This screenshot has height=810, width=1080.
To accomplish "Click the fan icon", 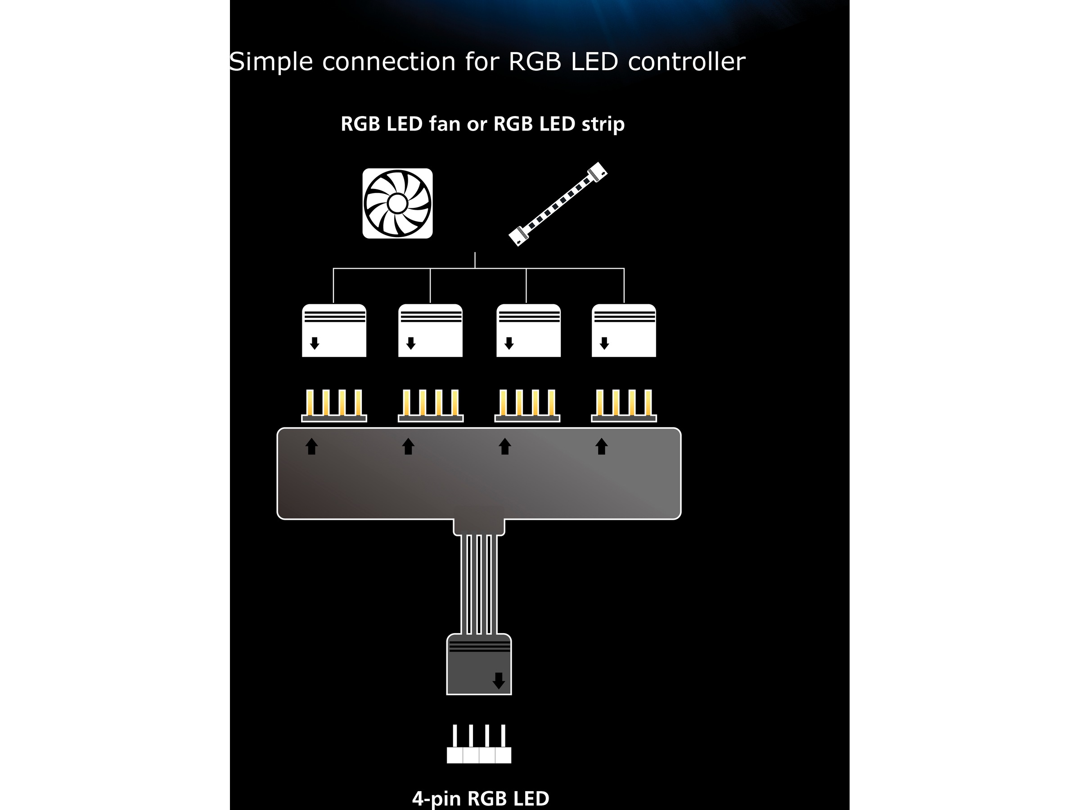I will (x=397, y=203).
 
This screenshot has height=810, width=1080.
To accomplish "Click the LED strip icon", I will (x=558, y=204).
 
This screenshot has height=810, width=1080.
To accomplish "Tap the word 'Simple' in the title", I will (x=271, y=62).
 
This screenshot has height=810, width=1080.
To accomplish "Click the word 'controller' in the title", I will (x=686, y=62).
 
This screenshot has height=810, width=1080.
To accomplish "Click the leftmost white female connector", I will (x=334, y=331).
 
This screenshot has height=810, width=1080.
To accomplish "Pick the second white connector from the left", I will (x=430, y=331).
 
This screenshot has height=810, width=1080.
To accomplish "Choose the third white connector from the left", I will (x=528, y=331).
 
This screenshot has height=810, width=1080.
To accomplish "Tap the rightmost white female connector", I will (x=624, y=331).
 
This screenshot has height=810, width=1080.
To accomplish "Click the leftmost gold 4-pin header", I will (x=334, y=406).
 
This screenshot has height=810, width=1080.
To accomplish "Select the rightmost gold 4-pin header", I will (x=624, y=406).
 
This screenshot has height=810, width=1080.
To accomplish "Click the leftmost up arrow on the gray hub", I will (x=311, y=446).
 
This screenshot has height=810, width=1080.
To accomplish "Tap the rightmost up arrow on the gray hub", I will (x=602, y=446).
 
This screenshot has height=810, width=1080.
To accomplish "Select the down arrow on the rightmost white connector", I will (x=604, y=343).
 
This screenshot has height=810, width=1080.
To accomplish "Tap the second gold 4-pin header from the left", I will (x=430, y=406).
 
